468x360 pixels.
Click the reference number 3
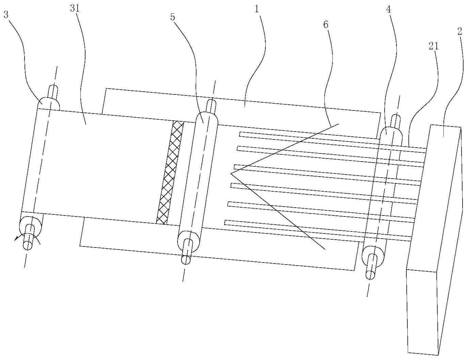[x=6, y=15]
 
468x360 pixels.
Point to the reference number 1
[x=256, y=9]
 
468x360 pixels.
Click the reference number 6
[x=326, y=25]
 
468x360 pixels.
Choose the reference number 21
[x=434, y=46]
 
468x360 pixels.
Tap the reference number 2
[x=459, y=32]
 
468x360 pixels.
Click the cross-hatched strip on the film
[x=170, y=172]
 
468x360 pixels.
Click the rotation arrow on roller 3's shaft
[x=27, y=239]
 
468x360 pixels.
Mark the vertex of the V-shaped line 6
[x=231, y=173]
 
